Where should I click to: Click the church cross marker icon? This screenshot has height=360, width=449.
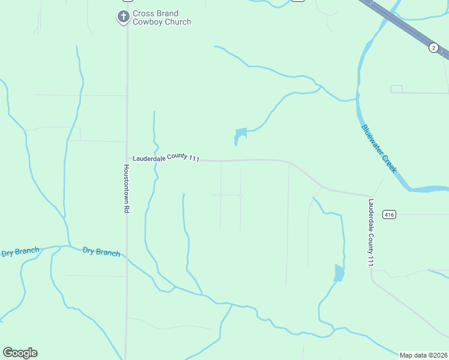pyautogui.click(x=123, y=16)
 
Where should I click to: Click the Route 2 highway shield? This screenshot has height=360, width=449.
pyautogui.click(x=433, y=47)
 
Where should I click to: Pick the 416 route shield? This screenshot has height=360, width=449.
pyautogui.click(x=390, y=215)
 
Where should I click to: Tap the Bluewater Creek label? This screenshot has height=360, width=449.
pyautogui.click(x=379, y=149)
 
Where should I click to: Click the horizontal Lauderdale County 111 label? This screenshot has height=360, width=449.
pyautogui.click(x=166, y=157)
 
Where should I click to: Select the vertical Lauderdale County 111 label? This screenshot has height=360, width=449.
pyautogui.click(x=371, y=233)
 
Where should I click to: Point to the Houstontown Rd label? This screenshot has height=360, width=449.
pyautogui.click(x=127, y=190)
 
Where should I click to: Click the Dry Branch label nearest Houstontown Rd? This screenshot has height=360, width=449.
pyautogui.click(x=101, y=252)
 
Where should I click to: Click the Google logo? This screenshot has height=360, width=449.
pyautogui.click(x=20, y=352)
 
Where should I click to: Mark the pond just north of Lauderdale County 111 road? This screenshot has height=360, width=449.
pyautogui.click(x=240, y=136)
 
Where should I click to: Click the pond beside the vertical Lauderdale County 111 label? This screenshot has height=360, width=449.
pyautogui.click(x=339, y=273)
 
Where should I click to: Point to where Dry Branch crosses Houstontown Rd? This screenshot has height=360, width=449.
pyautogui.click(x=127, y=258)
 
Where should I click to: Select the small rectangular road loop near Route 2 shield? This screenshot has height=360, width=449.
pyautogui.click(x=396, y=89)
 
